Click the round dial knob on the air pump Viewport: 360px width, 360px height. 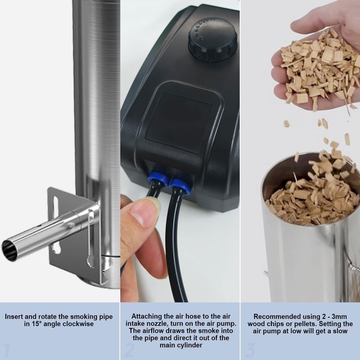pyautogui.click(x=212, y=40)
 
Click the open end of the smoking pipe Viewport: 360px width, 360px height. pyautogui.click(x=9, y=251)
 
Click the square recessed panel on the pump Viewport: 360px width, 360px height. pyautogui.click(x=179, y=122)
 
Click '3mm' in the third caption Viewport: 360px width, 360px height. pyautogui.click(x=340, y=317)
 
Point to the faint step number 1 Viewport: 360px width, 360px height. pyautogui.click(x=7, y=351)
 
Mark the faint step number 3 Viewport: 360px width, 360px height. pyautogui.click(x=250, y=351)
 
